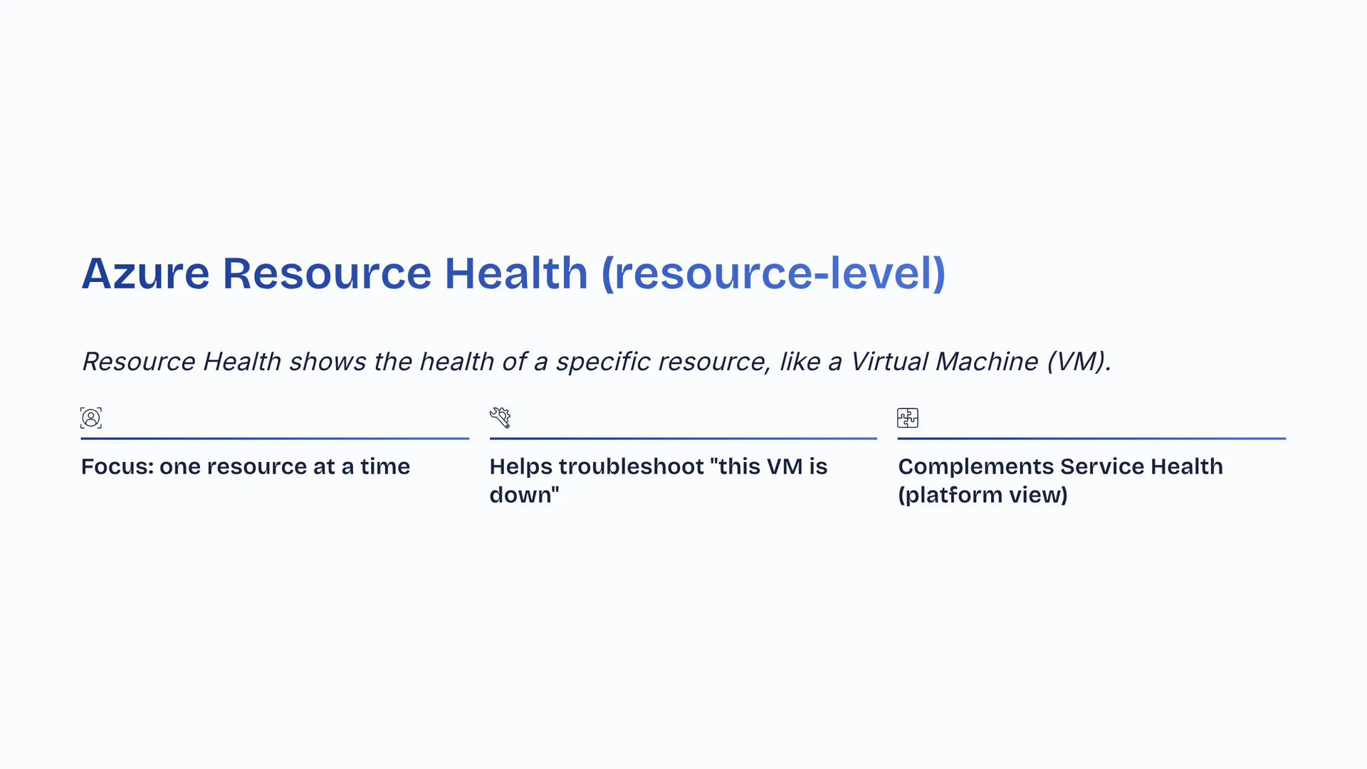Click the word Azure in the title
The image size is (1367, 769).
(145, 273)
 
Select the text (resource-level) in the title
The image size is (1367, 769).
(773, 273)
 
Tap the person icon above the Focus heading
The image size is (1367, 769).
(91, 418)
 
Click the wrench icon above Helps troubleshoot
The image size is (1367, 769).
(500, 418)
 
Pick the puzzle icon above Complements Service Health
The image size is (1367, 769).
(908, 418)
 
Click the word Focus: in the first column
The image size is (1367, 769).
(117, 466)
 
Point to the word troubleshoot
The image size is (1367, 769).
(632, 466)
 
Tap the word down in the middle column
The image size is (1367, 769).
(520, 495)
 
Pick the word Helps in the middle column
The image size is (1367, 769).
(521, 467)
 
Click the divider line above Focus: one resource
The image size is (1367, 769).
(275, 439)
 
